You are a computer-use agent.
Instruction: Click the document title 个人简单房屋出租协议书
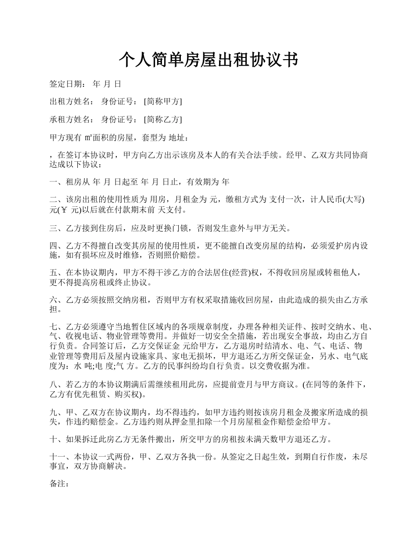208,60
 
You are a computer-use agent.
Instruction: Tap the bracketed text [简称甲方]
163,102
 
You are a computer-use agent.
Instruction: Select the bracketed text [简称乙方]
163,120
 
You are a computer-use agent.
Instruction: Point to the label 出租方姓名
70,102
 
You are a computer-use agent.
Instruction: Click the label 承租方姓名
70,120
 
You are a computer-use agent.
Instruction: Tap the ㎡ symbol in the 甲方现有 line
88,138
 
